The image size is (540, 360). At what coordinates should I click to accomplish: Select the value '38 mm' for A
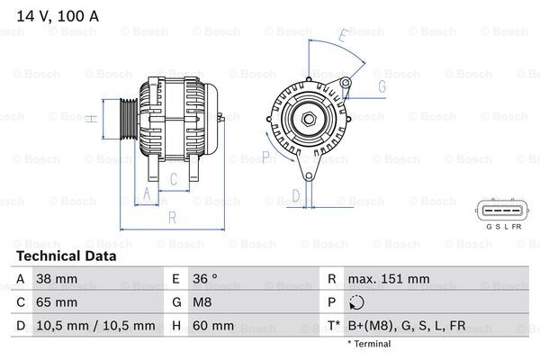pos(55,279)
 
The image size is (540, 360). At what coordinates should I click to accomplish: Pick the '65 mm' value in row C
pos(55,302)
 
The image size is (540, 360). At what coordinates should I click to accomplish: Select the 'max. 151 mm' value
pos(391,279)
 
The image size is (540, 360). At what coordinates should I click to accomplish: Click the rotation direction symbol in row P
pos(359,303)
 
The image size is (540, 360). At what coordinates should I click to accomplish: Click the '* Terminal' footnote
pos(370,344)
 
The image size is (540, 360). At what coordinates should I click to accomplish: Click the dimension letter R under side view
pos(171,217)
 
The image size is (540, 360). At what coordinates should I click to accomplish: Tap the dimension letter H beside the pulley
pos(90,118)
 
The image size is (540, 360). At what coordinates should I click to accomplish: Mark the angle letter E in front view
pos(342,37)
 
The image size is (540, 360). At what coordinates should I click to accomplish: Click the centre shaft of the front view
pos(307,118)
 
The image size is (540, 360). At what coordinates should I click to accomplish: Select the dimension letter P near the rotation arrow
pos(265,157)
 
